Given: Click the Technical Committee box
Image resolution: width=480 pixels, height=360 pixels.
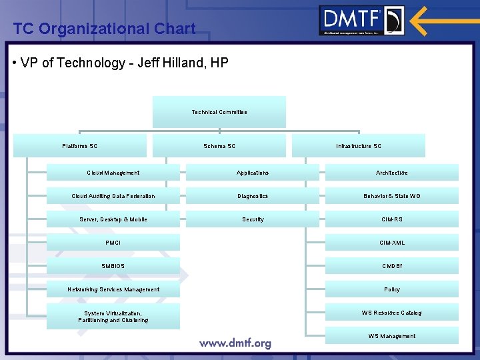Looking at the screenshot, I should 219,112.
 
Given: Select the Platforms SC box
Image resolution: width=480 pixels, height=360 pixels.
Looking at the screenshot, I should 80,146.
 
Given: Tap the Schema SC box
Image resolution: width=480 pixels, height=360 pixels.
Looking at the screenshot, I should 219,146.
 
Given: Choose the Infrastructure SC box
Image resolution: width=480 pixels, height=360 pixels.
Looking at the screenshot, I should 359,146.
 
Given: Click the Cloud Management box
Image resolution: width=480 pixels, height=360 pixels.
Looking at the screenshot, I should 113,173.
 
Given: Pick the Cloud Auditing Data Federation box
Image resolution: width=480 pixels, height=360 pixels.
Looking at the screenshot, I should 113,196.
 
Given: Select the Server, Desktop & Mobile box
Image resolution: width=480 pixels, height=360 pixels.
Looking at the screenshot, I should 113,219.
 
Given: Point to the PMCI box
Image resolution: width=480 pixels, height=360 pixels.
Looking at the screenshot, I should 113,243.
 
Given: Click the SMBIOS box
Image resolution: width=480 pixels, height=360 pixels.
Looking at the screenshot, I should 113,266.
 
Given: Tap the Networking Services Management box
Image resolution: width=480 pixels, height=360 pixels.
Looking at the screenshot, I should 113,289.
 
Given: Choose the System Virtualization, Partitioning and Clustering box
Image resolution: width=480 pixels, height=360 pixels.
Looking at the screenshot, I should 113,316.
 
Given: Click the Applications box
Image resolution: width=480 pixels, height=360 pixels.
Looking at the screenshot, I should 253,173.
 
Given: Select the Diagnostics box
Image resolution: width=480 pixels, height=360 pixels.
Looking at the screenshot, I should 253,196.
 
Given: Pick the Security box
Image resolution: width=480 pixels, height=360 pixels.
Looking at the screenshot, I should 253,219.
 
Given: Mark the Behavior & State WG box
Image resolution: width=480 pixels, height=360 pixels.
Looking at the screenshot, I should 392,196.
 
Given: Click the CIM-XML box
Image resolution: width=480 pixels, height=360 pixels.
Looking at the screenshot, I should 392,243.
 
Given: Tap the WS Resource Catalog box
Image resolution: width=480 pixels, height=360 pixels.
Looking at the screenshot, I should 392,313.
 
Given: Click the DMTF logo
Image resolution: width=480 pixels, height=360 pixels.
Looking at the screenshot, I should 361,21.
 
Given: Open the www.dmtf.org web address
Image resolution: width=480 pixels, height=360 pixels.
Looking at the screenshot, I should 235,343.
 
